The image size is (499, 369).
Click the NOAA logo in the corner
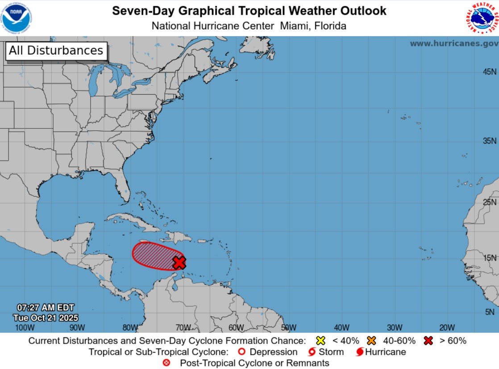(17, 18)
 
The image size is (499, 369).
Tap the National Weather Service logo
(482, 18)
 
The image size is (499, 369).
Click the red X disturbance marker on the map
(179, 262)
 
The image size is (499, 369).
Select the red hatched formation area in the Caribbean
(154, 256)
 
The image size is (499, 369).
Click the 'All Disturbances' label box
(56, 50)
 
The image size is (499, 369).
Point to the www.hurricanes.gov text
(454, 44)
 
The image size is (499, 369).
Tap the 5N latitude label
(490, 312)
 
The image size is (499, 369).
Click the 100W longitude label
(25, 328)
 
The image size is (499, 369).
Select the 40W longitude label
(341, 328)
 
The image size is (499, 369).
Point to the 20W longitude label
(447, 328)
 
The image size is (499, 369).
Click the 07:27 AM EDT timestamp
(46, 308)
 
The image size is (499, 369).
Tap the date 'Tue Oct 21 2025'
(46, 318)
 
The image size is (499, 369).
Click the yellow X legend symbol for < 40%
(320, 340)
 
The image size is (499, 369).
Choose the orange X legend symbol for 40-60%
(371, 340)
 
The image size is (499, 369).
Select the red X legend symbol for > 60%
(429, 340)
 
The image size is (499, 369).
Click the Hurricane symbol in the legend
(360, 352)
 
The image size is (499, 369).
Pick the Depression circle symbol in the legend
(241, 352)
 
